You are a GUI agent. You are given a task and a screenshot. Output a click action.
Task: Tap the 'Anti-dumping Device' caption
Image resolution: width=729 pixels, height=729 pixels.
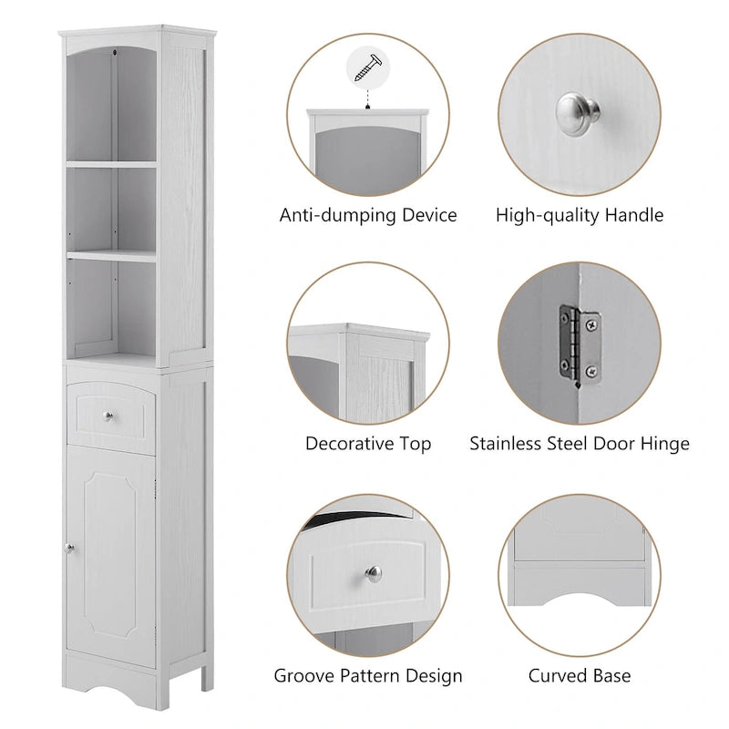[x=368, y=216]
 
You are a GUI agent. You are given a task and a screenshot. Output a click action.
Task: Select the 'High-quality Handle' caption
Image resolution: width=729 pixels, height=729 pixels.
[x=580, y=216]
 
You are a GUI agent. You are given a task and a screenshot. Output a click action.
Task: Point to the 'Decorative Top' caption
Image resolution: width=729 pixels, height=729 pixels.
[x=368, y=445]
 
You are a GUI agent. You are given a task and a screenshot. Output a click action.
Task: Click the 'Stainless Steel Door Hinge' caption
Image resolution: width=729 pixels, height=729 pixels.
[x=580, y=445]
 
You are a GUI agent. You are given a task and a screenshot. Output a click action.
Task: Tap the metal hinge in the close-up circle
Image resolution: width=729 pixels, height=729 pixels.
[x=580, y=344]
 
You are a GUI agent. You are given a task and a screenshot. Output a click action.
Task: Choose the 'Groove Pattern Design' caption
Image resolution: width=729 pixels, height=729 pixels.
[x=368, y=676]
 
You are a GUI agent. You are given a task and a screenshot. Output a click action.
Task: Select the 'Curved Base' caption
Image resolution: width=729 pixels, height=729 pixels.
[x=580, y=676]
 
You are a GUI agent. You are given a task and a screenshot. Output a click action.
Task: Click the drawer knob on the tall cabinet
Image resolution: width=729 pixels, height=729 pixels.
[x=108, y=416]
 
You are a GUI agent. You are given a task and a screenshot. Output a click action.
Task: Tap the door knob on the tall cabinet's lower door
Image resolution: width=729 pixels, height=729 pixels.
[x=68, y=547]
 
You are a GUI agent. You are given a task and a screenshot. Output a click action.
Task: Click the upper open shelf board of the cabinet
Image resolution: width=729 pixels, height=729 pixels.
[x=110, y=165]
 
